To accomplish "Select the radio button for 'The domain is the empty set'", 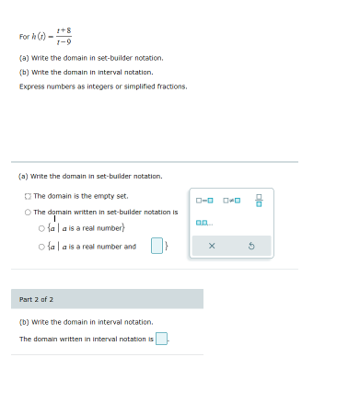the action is tap(29, 196).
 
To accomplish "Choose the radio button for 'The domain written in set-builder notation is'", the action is tap(29, 212).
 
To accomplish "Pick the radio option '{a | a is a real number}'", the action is tap(42, 228).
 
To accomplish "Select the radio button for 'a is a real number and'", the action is tap(42, 247).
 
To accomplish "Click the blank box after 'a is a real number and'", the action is tap(157, 246).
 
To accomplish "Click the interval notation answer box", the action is tap(161, 339).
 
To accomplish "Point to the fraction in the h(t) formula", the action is tap(64, 36).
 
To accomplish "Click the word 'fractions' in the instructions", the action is tap(171, 86).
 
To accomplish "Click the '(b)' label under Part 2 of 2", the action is tap(24, 322).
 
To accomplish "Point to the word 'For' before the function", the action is tap(24, 37).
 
